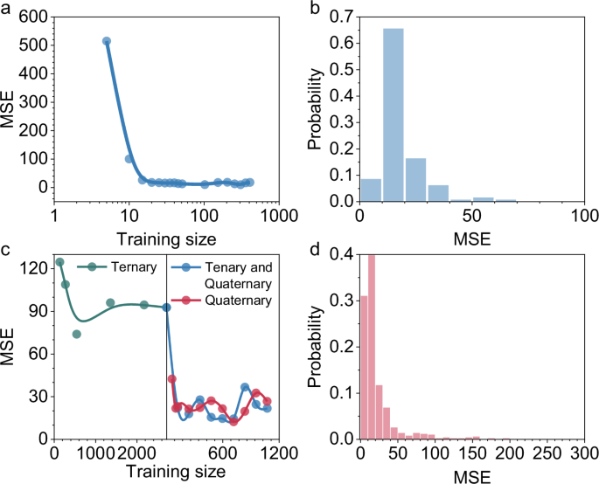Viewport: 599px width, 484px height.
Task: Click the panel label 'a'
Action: coord(7,10)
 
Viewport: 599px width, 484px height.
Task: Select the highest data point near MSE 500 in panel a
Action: coord(107,41)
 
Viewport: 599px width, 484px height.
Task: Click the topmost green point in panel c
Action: coord(59,262)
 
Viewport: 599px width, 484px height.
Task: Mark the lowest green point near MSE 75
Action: coord(76,335)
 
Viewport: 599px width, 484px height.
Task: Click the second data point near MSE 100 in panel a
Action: coord(129,159)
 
